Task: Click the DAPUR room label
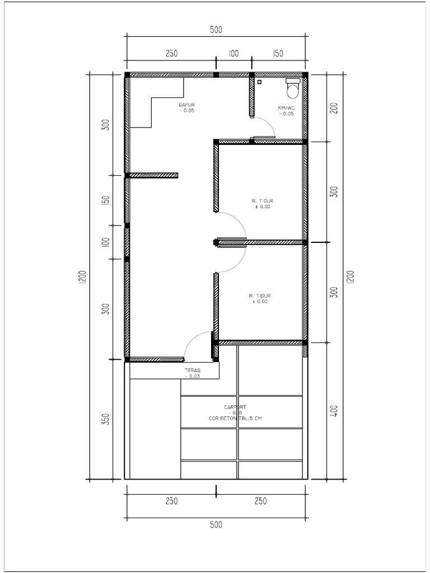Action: (x=187, y=105)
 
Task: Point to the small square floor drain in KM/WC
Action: (x=259, y=82)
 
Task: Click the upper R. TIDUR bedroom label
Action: (x=262, y=200)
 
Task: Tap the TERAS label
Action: (x=193, y=370)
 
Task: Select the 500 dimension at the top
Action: (x=216, y=30)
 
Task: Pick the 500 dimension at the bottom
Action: (x=216, y=525)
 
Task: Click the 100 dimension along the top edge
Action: (x=233, y=54)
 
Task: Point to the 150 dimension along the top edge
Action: (x=278, y=54)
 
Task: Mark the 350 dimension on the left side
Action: (x=105, y=420)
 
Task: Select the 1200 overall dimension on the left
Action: (x=82, y=277)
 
